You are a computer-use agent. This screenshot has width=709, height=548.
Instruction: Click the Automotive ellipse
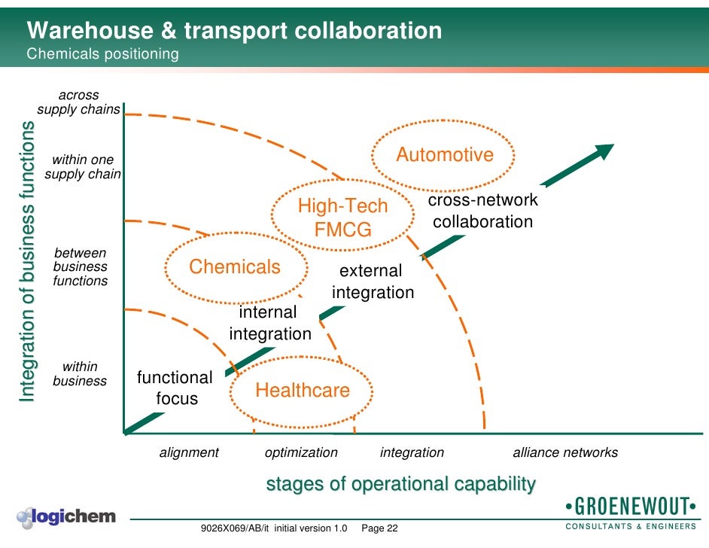coord(445,155)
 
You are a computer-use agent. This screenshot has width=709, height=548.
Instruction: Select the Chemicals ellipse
coord(235,267)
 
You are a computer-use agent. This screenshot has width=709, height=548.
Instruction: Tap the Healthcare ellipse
coord(303,391)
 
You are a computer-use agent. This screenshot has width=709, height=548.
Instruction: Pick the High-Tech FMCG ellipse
coord(343,218)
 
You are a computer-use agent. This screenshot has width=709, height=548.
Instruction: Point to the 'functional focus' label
coord(175,388)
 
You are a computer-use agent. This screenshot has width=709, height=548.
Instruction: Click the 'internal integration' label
coord(269,323)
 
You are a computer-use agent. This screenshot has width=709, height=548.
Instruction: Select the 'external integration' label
coord(373,282)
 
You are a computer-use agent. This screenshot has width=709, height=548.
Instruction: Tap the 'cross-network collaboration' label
coord(483,211)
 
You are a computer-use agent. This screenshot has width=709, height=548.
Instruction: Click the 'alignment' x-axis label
coord(189,452)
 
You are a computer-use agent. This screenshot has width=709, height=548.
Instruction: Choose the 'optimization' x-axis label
coord(301,452)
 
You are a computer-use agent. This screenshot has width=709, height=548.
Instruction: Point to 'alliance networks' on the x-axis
coord(565,452)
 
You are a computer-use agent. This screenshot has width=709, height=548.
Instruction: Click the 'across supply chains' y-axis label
coord(78,102)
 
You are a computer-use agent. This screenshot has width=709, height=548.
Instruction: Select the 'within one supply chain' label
coord(83,167)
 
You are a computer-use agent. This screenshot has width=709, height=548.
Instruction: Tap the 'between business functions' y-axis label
coord(80,267)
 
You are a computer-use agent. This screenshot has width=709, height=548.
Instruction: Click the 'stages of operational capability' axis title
coord(401,484)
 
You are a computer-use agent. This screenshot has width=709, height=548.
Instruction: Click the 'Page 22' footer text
coord(380,528)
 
